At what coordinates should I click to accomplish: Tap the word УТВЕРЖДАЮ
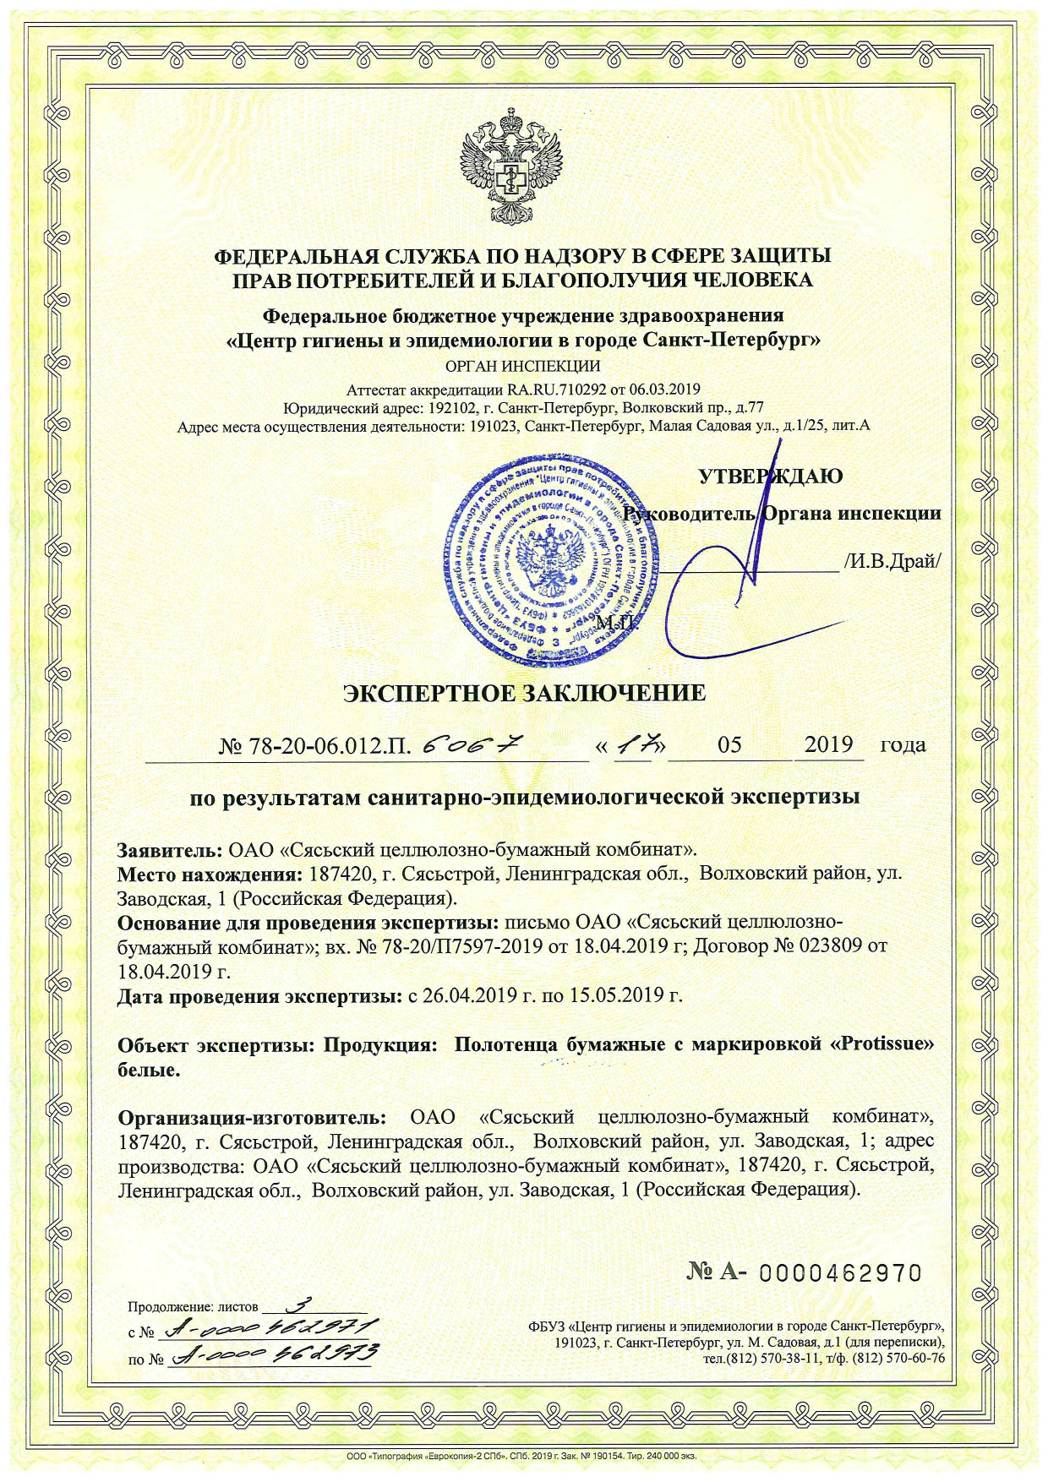(x=770, y=476)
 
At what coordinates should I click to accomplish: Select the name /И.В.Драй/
(x=892, y=562)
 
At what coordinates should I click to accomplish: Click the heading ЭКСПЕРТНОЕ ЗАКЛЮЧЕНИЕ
(x=524, y=694)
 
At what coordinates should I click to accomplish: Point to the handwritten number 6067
(x=468, y=744)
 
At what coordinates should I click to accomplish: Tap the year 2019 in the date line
(x=828, y=745)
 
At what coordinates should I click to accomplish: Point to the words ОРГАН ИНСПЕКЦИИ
(x=522, y=367)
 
